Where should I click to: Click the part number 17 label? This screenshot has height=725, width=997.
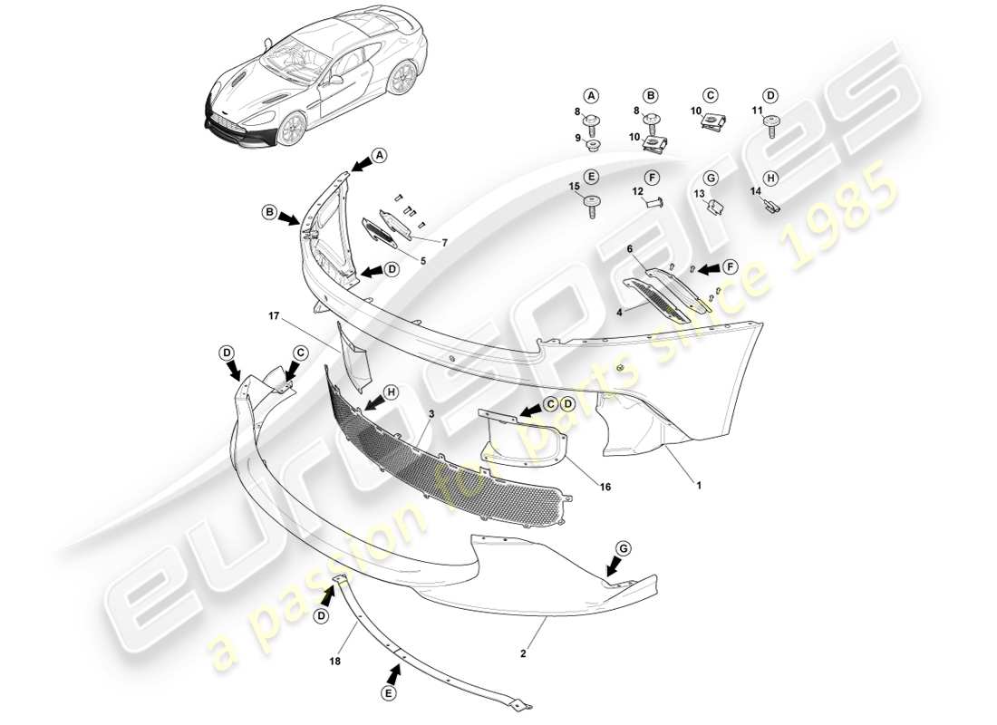pyautogui.click(x=273, y=316)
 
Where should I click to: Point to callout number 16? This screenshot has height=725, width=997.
pyautogui.click(x=605, y=487)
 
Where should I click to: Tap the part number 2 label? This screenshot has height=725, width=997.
pyautogui.click(x=525, y=652)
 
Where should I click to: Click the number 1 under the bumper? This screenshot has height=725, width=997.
pyautogui.click(x=698, y=485)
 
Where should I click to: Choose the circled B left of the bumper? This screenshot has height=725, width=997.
pyautogui.click(x=269, y=213)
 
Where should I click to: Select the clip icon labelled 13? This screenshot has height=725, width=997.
pyautogui.click(x=715, y=207)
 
